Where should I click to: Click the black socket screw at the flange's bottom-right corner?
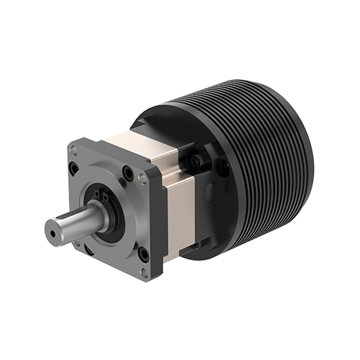(143, 253)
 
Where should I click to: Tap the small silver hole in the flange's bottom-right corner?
(145, 271)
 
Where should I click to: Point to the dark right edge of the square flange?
(159, 223)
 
